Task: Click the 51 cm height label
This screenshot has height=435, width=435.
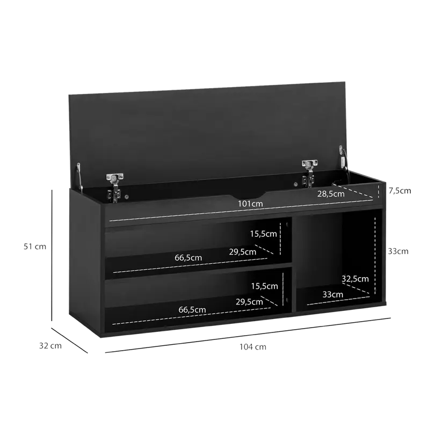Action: pos(35,247)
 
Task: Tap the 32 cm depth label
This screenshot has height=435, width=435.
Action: pos(50,346)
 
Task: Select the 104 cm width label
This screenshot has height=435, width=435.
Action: pos(253,347)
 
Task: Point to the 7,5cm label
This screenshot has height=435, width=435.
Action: pos(400,191)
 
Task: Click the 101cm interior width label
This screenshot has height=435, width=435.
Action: pos(250,204)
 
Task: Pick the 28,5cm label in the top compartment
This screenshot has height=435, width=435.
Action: pos(331,194)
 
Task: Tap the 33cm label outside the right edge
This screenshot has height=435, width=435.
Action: pos(398,251)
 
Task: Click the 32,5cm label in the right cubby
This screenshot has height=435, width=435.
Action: pos(355,279)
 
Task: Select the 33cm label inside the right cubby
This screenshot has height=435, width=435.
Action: pos(332,294)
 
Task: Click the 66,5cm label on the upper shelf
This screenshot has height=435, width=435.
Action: pos(188,258)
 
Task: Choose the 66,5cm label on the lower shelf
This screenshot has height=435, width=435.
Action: pos(192,310)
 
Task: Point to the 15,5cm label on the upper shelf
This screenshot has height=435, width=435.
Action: pos(263,234)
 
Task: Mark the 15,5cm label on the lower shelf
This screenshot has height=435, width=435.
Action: pos(264,286)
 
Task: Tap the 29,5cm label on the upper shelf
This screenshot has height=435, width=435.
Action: pos(242,252)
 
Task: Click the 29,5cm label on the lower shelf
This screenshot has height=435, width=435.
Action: pos(249,302)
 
